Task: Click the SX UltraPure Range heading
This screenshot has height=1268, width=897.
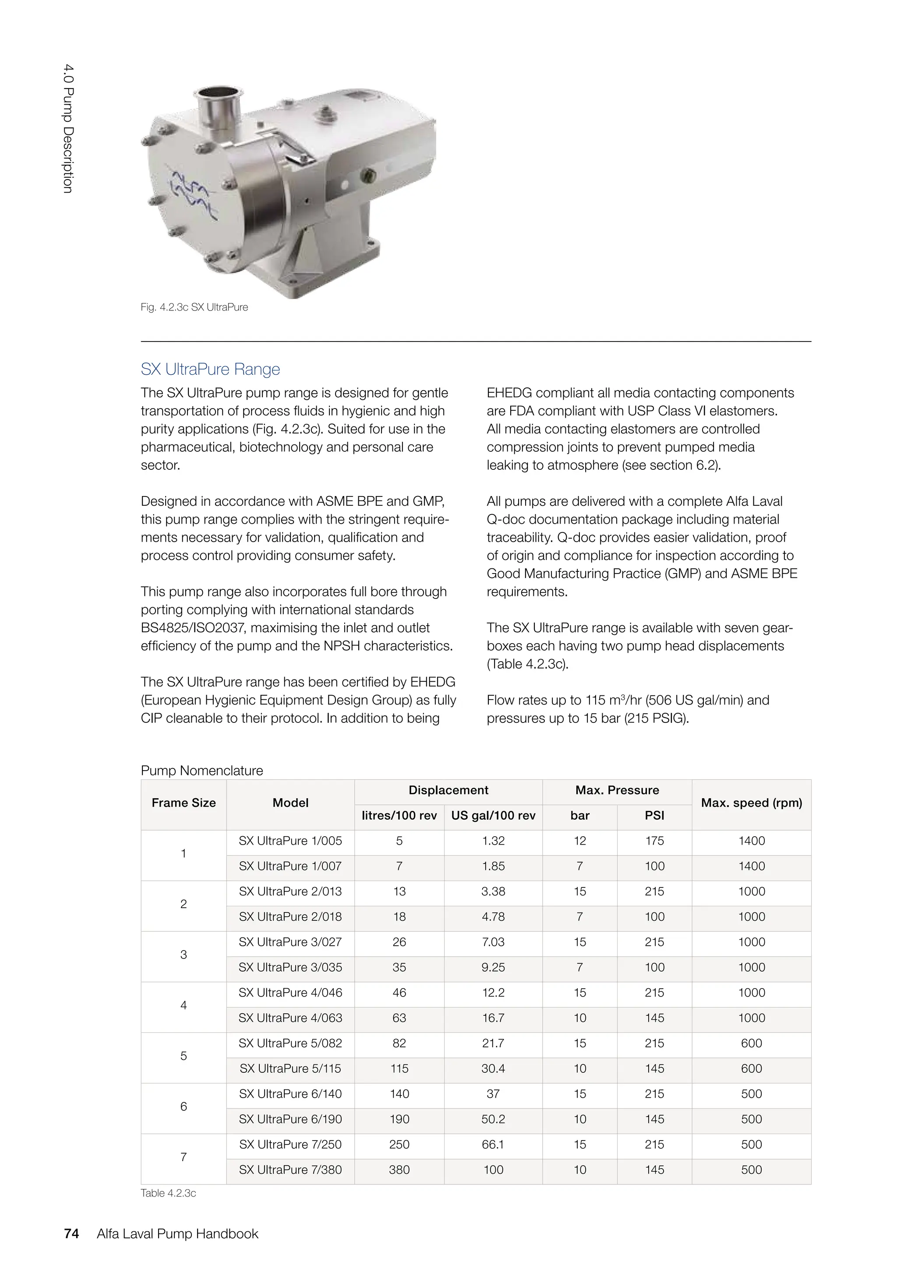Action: [x=210, y=369]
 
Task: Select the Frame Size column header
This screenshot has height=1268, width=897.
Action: [x=184, y=803]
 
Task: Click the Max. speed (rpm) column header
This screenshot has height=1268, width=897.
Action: [x=751, y=803]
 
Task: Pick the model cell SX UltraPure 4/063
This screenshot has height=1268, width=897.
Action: [x=290, y=1018]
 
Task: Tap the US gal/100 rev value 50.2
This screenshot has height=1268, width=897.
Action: [x=493, y=1119]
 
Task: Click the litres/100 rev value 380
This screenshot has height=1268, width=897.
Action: [x=399, y=1169]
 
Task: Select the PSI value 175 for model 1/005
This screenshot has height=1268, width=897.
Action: [x=654, y=841]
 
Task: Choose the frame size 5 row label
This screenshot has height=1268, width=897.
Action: [x=184, y=1056]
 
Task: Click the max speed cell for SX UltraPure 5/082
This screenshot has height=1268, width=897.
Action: [x=751, y=1043]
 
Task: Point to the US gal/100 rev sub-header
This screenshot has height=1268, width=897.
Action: [x=493, y=816]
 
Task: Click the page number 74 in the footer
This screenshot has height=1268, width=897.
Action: [x=71, y=1234]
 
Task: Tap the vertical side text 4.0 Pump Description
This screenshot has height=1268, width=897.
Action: [x=67, y=129]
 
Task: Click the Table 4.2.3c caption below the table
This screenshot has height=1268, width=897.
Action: [x=169, y=1193]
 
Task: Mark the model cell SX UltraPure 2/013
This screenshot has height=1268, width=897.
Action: [x=290, y=891]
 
